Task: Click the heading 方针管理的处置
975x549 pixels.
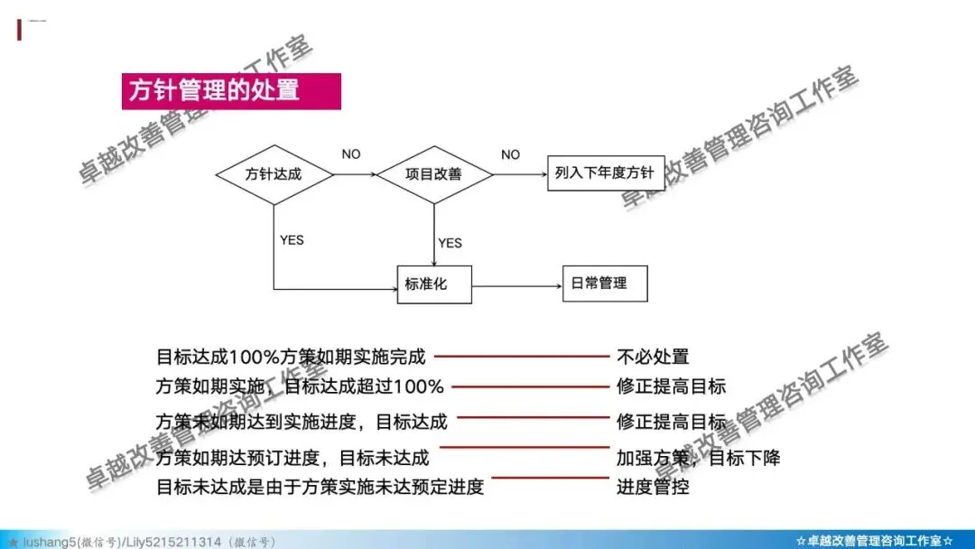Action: (214, 91)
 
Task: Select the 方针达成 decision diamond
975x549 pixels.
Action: (273, 172)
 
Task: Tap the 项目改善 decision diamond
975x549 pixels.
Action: (433, 173)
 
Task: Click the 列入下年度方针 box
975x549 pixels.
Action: (605, 172)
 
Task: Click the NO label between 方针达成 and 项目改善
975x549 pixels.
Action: (351, 154)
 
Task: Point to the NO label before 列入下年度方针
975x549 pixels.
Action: (510, 154)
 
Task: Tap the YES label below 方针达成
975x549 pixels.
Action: (292, 240)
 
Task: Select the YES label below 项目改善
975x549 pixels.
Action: (450, 243)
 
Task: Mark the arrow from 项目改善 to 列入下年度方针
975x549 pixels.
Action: (520, 173)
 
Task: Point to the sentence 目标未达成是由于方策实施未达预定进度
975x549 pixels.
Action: (320, 487)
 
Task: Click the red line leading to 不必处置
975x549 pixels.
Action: (524, 357)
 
